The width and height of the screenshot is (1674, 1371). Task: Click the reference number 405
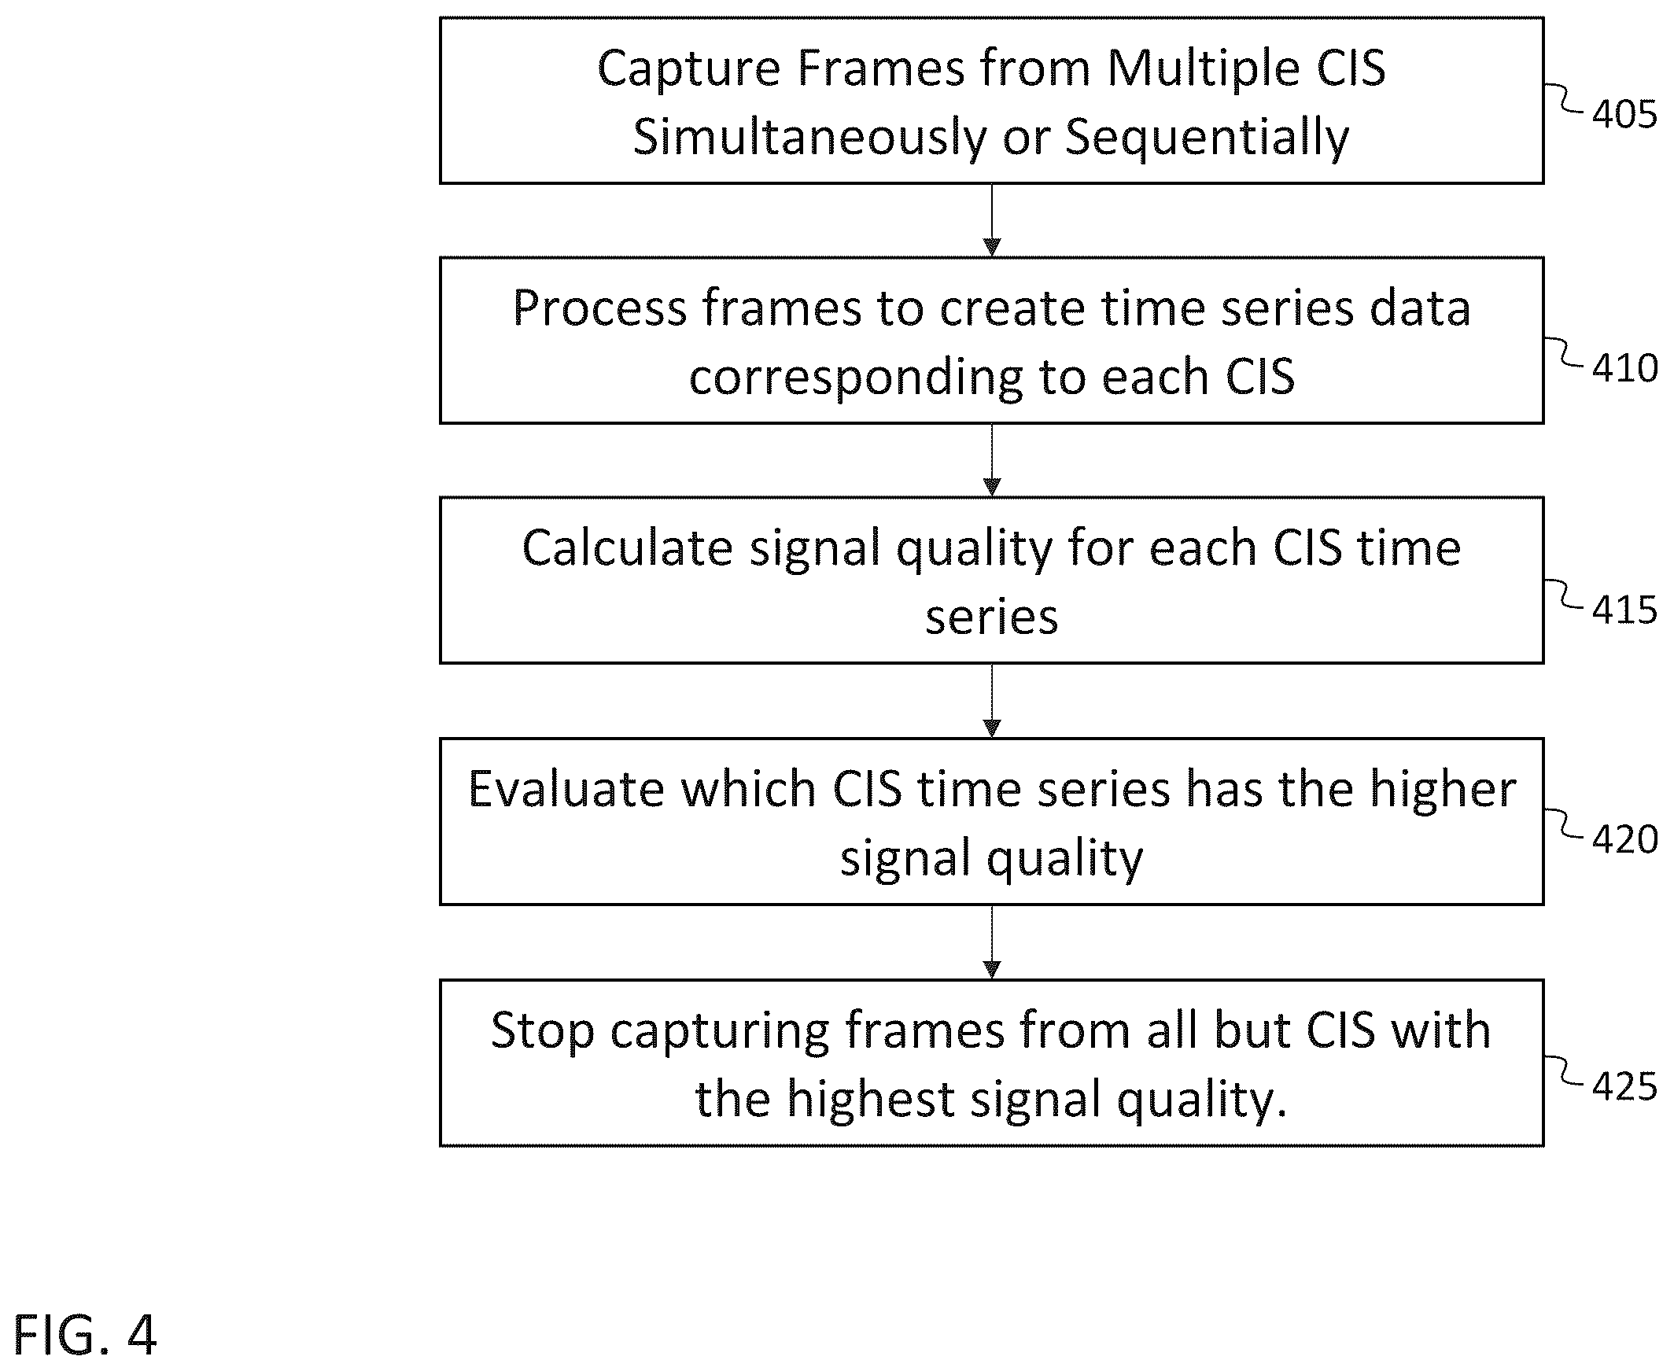1624,115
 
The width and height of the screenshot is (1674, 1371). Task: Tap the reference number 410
1624,368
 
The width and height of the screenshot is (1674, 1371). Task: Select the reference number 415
1624,610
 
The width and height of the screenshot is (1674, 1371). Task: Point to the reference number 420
1624,838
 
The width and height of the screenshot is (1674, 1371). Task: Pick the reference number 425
1624,1087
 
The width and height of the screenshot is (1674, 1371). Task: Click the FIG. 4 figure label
85,1335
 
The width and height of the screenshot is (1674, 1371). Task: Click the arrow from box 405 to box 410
992,220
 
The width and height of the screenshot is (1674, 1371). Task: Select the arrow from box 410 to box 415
992,460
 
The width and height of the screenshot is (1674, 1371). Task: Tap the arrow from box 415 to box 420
992,702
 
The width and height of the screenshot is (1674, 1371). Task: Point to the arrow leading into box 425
992,942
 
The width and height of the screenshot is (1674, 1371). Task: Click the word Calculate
627,548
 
